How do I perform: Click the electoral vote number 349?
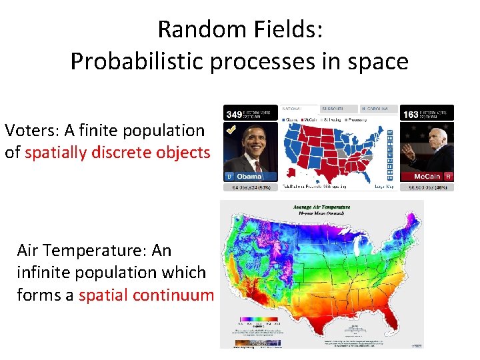235,115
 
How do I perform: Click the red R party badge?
449,177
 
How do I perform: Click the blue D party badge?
229,177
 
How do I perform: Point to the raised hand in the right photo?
407,150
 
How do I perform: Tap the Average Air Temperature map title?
322,207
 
